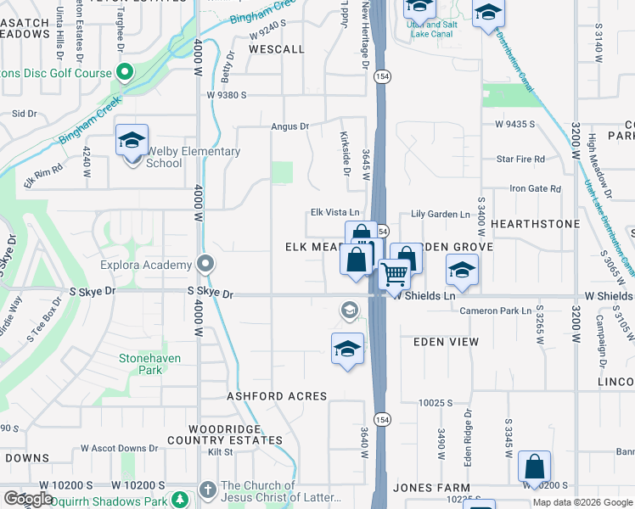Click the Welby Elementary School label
click(x=194, y=157)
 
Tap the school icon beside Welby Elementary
click(x=132, y=140)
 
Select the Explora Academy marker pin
click(x=205, y=265)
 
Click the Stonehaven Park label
click(x=149, y=364)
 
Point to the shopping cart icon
click(x=394, y=275)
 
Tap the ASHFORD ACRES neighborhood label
click(x=277, y=396)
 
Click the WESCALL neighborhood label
click(x=277, y=49)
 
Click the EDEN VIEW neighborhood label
click(x=446, y=342)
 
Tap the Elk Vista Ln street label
click(x=335, y=213)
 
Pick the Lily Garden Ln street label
click(x=441, y=215)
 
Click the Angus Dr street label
click(x=290, y=126)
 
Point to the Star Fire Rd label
click(x=520, y=159)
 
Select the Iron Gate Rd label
click(x=535, y=188)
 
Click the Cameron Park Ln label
click(x=496, y=310)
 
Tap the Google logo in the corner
click(x=29, y=499)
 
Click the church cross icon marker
click(x=208, y=489)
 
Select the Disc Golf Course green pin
click(x=125, y=73)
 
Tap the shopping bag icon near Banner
click(x=534, y=467)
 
